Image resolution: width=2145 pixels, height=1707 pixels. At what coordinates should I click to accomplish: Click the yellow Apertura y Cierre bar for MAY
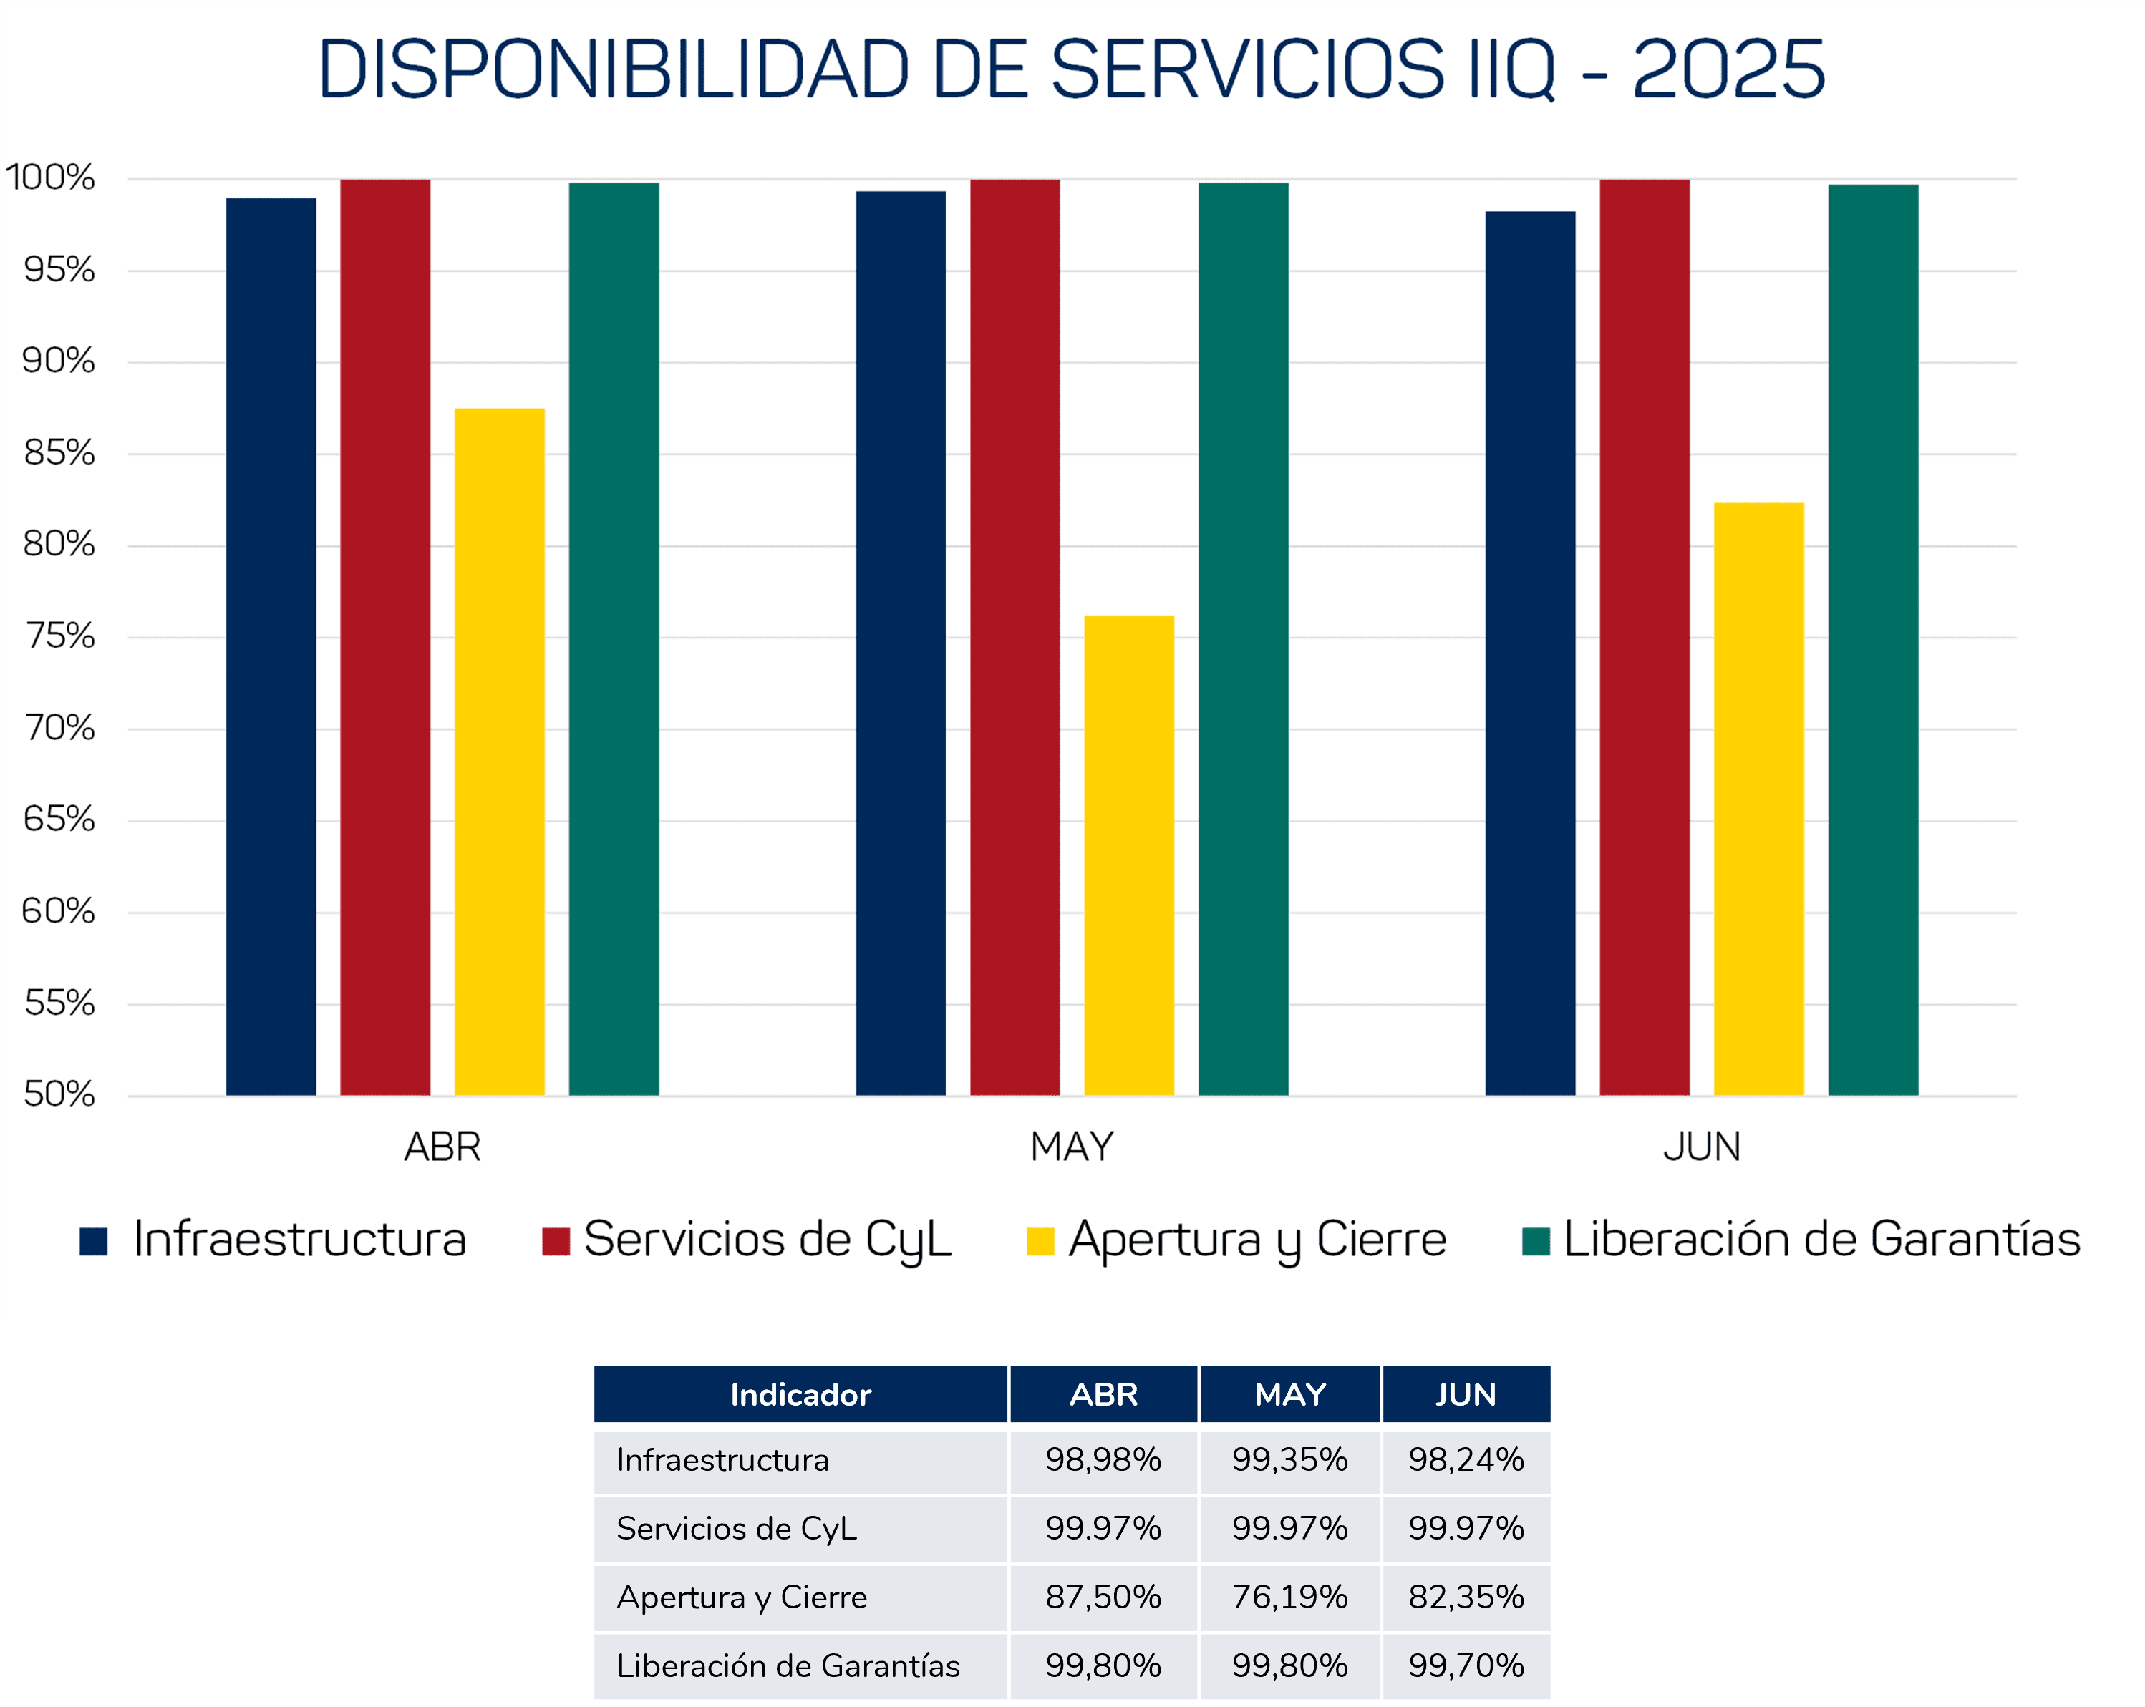1128,855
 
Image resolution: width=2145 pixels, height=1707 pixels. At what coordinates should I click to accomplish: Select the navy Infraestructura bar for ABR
271,646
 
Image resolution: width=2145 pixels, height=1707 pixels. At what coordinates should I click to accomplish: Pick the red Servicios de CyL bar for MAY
1015,637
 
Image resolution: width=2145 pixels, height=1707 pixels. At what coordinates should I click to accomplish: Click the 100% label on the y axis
49,178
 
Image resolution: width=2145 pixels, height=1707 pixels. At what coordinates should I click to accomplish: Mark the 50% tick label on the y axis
59,1095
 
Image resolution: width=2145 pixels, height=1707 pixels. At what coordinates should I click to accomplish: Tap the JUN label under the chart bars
1701,1148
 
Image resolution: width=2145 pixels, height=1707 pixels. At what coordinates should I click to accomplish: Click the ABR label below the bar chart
442,1148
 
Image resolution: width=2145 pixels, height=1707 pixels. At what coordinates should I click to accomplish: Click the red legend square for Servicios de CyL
555,1242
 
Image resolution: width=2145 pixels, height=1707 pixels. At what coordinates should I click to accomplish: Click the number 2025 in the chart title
1728,69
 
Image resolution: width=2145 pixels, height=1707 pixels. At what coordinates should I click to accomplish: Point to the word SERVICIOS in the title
1246,69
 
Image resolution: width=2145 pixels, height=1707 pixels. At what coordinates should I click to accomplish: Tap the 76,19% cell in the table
1289,1597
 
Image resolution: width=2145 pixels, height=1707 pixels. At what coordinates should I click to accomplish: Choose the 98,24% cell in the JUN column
1466,1459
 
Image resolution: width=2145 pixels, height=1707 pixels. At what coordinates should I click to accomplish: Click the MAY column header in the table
1289,1395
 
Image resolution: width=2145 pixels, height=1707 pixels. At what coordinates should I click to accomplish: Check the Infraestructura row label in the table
722,1459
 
